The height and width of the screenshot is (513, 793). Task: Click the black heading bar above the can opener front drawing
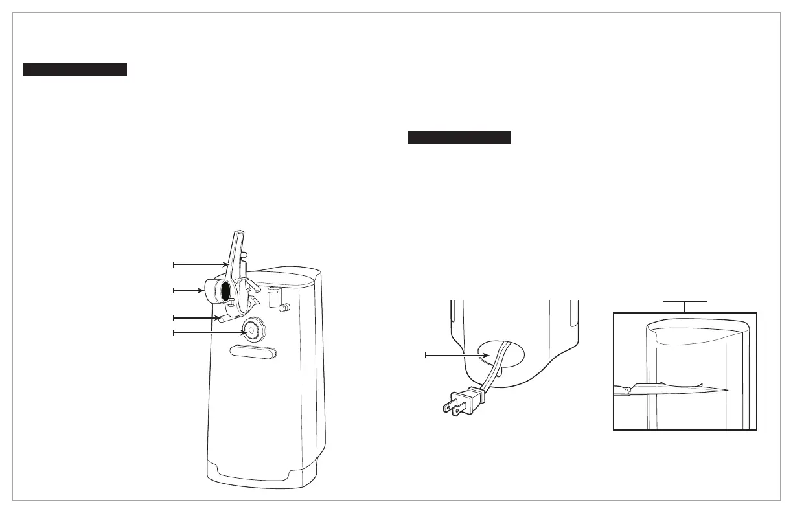(75, 69)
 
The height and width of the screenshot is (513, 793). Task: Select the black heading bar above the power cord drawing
(459, 138)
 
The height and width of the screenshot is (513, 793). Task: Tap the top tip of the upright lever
(238, 232)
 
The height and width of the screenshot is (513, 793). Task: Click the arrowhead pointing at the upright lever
(225, 264)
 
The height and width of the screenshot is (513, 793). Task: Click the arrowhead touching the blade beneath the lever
(218, 317)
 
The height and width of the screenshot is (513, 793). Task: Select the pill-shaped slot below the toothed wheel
(253, 352)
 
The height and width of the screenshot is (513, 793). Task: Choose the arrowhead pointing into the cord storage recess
(484, 355)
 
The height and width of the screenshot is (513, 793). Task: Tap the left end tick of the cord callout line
(426, 355)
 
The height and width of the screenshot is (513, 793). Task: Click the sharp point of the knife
(728, 389)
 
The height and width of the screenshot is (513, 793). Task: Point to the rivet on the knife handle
(626, 389)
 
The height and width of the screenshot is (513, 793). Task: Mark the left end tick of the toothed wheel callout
(173, 332)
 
